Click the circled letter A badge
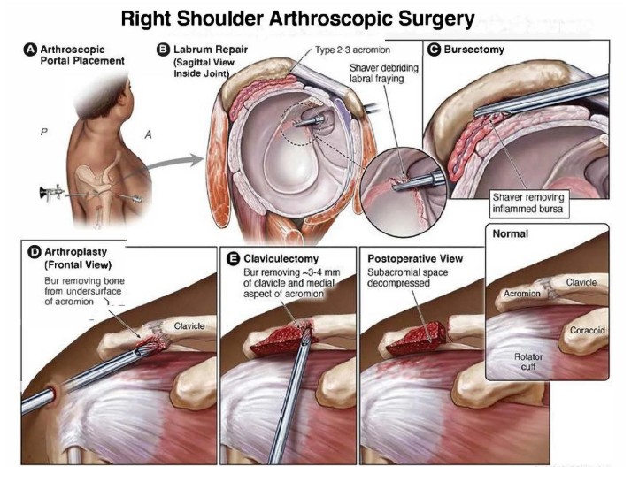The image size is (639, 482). [x=31, y=50]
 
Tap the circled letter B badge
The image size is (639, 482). [x=163, y=50]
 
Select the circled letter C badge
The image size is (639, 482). [x=434, y=50]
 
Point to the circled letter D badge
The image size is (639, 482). [x=35, y=252]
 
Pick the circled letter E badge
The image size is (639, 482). [x=233, y=259]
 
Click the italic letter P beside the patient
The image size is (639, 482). [x=44, y=132]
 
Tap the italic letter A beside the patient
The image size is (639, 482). [x=149, y=134]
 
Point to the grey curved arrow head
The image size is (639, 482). [x=196, y=160]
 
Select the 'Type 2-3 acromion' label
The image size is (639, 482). [x=352, y=50]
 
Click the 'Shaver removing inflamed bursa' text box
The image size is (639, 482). [x=528, y=203]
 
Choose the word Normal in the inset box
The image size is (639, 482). [x=510, y=233]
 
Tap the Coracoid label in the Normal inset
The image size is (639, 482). [x=588, y=330]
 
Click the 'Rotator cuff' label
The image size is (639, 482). [x=528, y=362]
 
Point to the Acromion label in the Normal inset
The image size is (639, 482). [x=522, y=294]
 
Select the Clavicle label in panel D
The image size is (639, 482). [x=189, y=326]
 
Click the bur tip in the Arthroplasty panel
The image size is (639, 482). [x=147, y=348]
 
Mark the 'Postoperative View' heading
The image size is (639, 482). [x=415, y=259]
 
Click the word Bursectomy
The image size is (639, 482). [x=474, y=50]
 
